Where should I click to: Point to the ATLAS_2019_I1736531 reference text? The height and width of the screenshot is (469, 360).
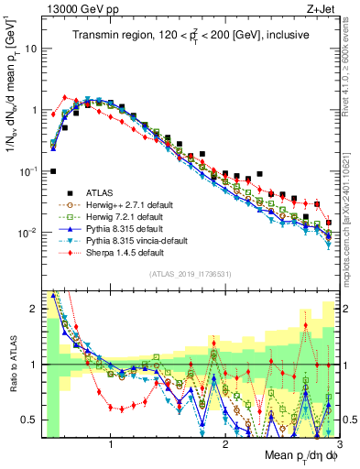coord(188,274)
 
